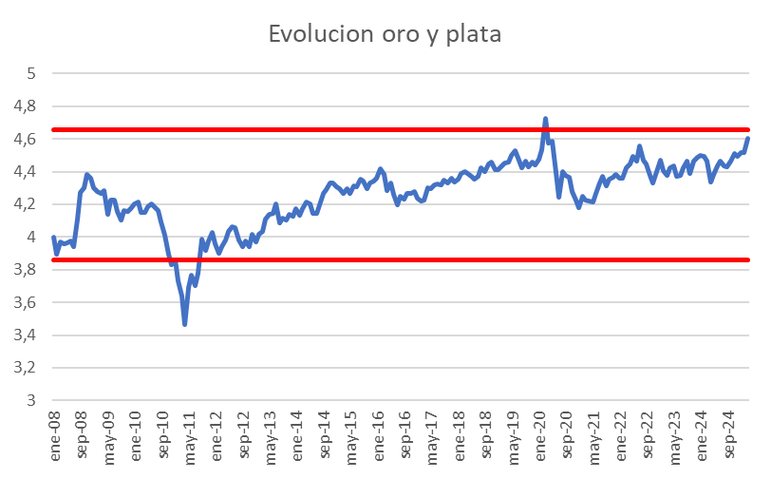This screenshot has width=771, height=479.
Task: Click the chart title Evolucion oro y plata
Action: (385, 34)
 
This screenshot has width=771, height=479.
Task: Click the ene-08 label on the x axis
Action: (54, 429)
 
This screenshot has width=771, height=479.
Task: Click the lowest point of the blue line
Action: (185, 324)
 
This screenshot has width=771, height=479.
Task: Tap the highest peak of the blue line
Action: (545, 119)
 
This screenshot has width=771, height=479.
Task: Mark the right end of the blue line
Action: (748, 139)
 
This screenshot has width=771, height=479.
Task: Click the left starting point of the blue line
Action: (53, 238)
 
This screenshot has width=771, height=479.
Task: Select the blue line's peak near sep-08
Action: (86, 175)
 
